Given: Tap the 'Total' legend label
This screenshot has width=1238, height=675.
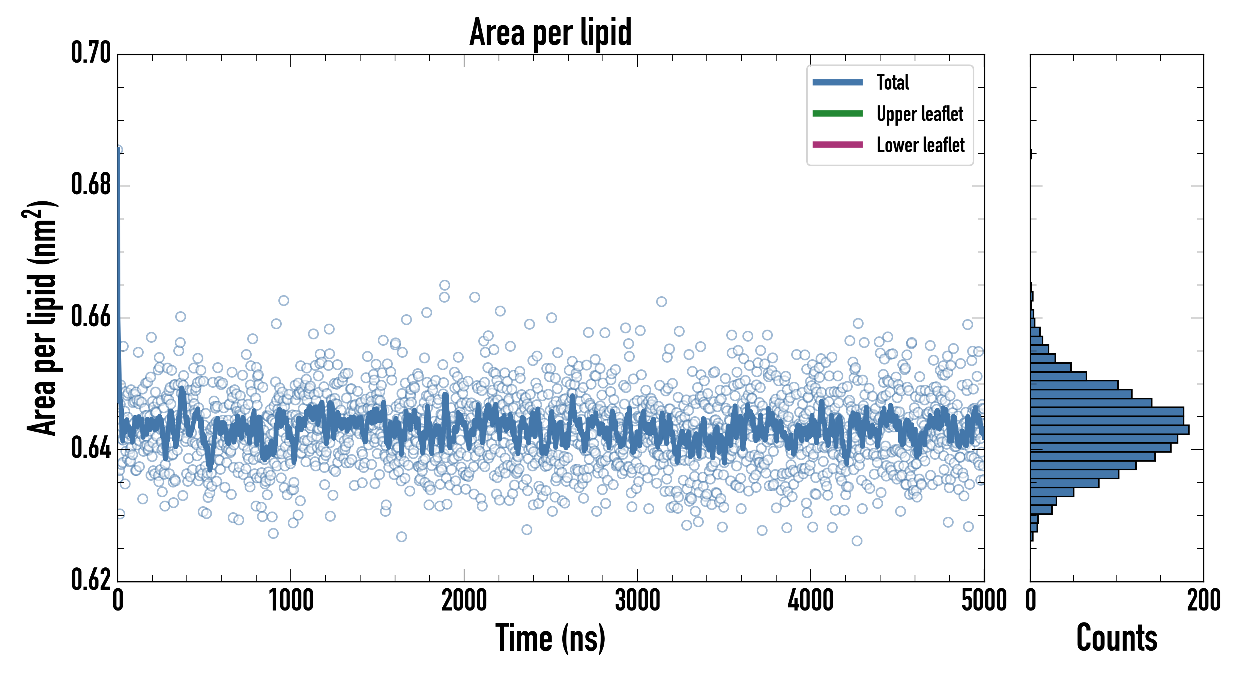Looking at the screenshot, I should tap(892, 82).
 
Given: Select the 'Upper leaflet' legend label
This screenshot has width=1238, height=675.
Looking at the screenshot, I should tap(920, 114).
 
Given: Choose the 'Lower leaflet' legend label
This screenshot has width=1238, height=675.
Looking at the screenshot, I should tap(920, 145).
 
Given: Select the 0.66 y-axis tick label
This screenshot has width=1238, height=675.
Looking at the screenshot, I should tap(91, 316).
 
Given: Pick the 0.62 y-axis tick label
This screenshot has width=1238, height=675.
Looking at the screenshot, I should tap(91, 579).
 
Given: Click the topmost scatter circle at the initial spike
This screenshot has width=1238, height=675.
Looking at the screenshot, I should tap(118, 150).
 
